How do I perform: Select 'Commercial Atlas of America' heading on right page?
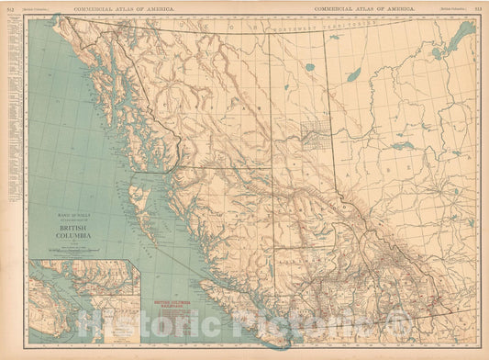pos(363,7)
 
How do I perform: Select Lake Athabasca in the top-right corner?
pos(462,38)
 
